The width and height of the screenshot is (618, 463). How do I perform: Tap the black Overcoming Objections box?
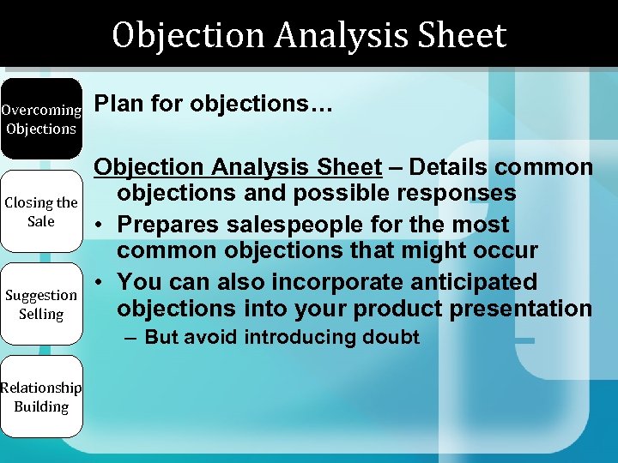tap(40, 119)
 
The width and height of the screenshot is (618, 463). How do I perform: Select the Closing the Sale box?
tap(40, 212)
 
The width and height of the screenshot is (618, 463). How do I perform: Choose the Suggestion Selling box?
tap(40, 304)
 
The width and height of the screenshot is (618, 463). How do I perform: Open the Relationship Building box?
tap(40, 397)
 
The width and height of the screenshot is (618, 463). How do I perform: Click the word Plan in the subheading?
tap(117, 104)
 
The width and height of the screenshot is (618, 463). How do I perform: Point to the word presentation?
tap(524, 309)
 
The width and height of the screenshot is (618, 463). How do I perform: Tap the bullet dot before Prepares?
tap(101, 225)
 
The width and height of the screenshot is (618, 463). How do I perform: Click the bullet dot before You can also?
tap(101, 282)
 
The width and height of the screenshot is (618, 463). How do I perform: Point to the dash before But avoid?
tap(130, 337)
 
